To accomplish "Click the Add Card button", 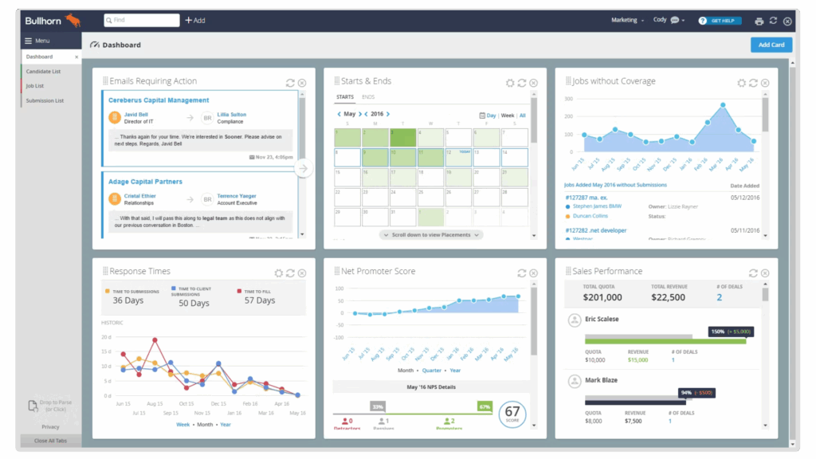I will (x=771, y=45).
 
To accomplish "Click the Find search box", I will (x=141, y=20).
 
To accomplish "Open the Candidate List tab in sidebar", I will (x=44, y=72).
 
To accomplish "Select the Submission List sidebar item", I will (x=45, y=100).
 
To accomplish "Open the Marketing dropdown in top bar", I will (x=627, y=20).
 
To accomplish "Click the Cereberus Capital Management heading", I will (x=159, y=100).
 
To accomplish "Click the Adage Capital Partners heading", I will (x=145, y=182).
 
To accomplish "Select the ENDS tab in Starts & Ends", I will (x=368, y=97).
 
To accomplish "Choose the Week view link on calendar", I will (x=507, y=116).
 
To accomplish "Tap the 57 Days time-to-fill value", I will (x=260, y=300).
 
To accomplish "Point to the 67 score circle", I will (x=512, y=414).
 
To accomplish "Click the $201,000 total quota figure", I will (x=602, y=297).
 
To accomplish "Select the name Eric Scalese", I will (x=602, y=319).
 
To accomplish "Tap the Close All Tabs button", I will (x=51, y=441).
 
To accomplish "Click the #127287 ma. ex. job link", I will (x=586, y=197).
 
